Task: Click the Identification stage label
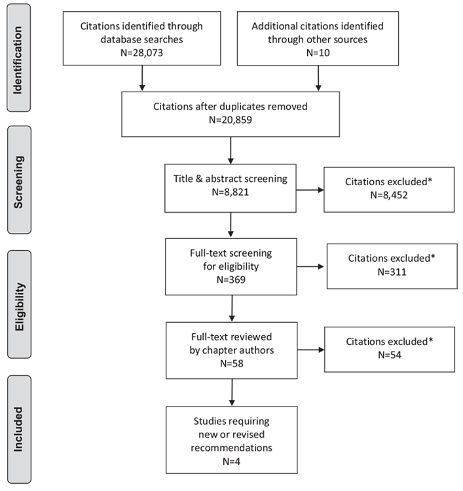pyautogui.click(x=18, y=60)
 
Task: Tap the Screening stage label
pyautogui.click(x=18, y=182)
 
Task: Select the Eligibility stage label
pyautogui.click(x=19, y=306)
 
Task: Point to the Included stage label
pyautogui.click(x=18, y=429)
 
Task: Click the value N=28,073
pyautogui.click(x=141, y=52)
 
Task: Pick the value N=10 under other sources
pyautogui.click(x=318, y=52)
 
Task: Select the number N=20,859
pyautogui.click(x=231, y=120)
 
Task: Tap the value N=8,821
pyautogui.click(x=231, y=192)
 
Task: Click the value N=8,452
pyautogui.click(x=389, y=195)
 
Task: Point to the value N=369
pyautogui.click(x=231, y=280)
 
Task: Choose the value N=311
pyautogui.click(x=392, y=272)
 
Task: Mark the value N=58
pyautogui.click(x=232, y=363)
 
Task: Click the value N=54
pyautogui.click(x=390, y=355)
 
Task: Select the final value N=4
pyautogui.click(x=232, y=462)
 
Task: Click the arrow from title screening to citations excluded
pyautogui.click(x=310, y=190)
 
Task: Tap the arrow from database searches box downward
pyautogui.click(x=142, y=79)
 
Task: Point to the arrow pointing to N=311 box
pyautogui.click(x=310, y=266)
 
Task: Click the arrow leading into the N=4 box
pyautogui.click(x=232, y=393)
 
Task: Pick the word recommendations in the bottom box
pyautogui.click(x=232, y=448)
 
